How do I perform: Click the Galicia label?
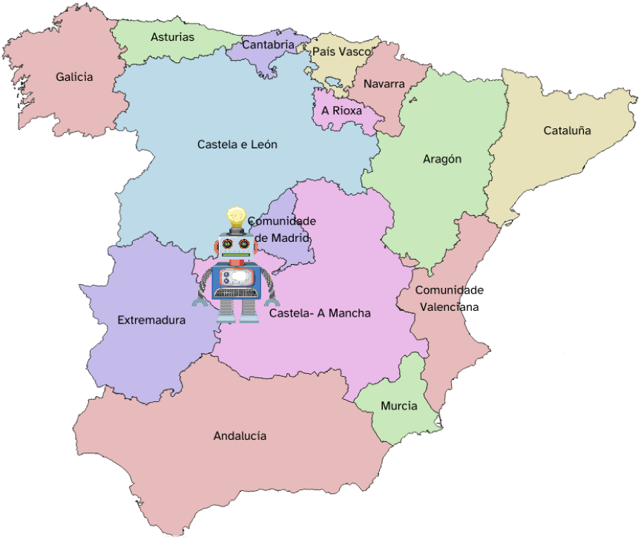coord(74,76)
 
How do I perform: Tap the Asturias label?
coord(172,37)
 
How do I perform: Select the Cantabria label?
coord(268,45)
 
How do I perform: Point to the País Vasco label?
coord(342,52)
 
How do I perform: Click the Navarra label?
coord(384,84)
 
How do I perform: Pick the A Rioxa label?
coord(342,111)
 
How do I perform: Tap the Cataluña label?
coord(567,131)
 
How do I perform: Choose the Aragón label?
coord(442,159)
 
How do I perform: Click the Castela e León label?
coord(237,145)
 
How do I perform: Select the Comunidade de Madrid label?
coord(282,229)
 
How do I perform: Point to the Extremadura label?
coord(151,320)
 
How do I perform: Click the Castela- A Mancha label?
coord(320,314)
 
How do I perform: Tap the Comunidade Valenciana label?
coord(449,298)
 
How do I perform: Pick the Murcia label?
coord(398,406)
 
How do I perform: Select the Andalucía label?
coord(240,436)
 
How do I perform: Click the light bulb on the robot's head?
coord(236,217)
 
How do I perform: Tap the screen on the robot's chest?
coord(237,278)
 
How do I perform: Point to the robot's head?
coord(236,244)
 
